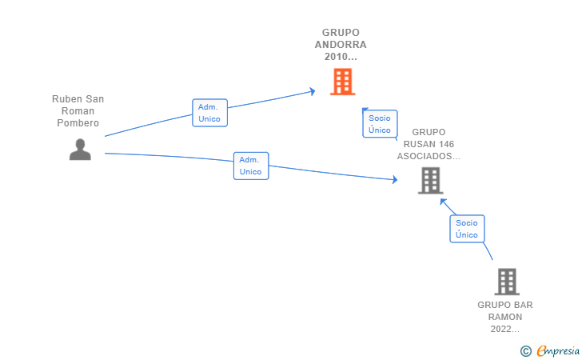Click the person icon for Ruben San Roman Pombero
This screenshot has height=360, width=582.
[x=80, y=150]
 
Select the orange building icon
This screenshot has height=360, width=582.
[x=343, y=82]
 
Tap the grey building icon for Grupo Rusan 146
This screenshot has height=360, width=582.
[x=431, y=181]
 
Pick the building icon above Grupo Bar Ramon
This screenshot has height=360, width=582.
[x=507, y=282]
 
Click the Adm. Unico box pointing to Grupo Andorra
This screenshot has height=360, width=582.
[x=209, y=113]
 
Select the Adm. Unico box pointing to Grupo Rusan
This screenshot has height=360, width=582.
[x=251, y=166]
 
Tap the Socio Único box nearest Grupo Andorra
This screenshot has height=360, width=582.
[x=380, y=124]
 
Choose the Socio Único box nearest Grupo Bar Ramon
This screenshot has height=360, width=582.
[x=467, y=229]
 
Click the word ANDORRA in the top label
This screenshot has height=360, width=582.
[x=341, y=45]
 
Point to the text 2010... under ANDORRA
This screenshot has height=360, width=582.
[x=341, y=57]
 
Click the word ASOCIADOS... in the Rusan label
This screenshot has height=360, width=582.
[x=429, y=156]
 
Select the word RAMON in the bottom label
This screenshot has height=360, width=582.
[x=505, y=317]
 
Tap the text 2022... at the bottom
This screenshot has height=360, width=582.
[x=505, y=329]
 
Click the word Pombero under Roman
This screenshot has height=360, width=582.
[x=78, y=123]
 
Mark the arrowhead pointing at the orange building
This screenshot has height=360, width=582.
[x=313, y=91]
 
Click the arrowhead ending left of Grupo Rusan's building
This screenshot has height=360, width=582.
[x=395, y=180]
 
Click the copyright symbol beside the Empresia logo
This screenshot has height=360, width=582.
[x=526, y=351]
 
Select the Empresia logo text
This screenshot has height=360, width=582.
[x=558, y=351]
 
